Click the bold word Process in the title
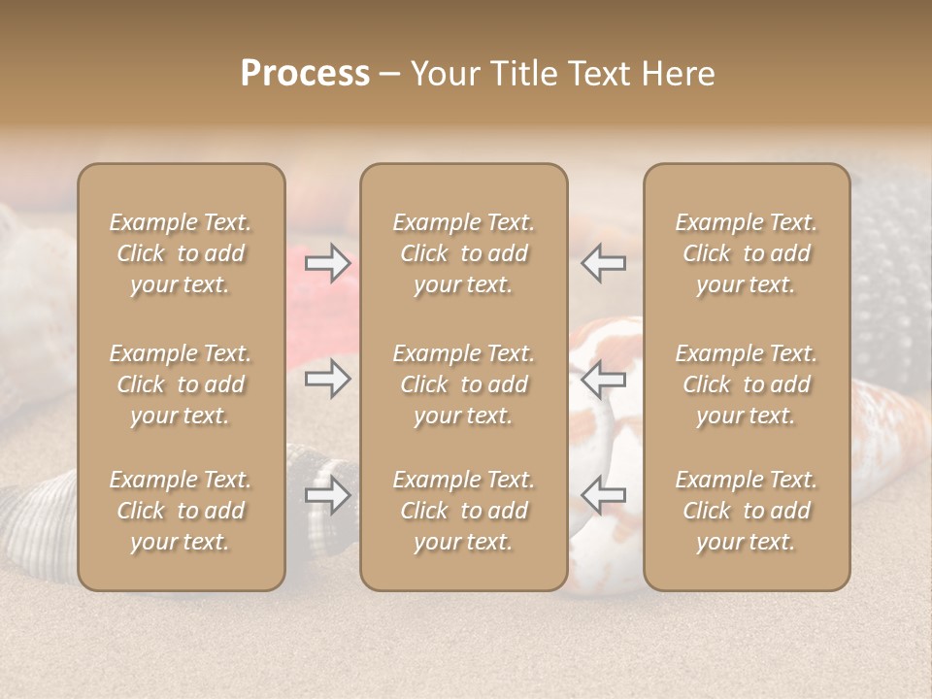pos(305,74)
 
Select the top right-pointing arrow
pos(328,263)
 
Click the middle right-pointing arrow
pos(328,379)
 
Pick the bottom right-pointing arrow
pos(328,495)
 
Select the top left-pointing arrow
pos(603,263)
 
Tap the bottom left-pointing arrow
pos(603,495)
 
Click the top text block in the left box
pos(181,253)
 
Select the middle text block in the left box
pos(181,384)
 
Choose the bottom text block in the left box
pos(181,511)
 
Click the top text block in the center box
pos(463,253)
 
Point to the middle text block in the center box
pos(463,384)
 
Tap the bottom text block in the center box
pos(463,511)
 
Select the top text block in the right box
pos(746,253)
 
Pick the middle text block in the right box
pos(746,384)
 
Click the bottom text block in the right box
pos(746,511)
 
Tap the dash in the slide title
pos(390,75)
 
